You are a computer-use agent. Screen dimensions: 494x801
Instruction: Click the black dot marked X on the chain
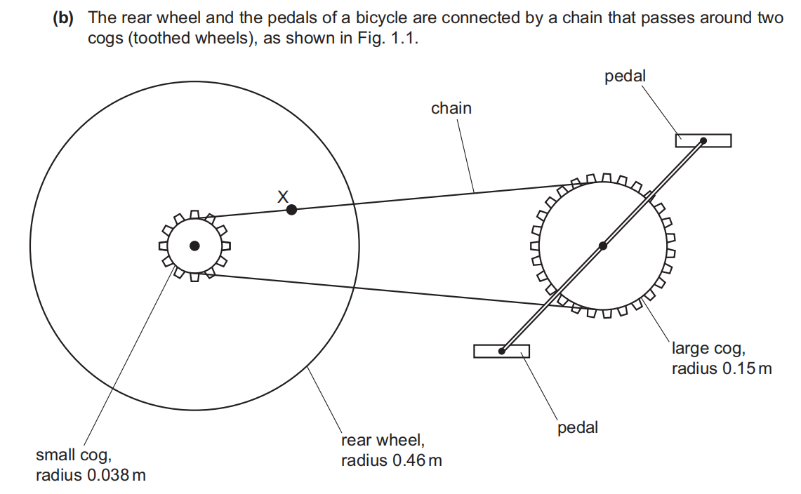pos(292,209)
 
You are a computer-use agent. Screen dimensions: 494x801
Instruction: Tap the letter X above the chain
pos(283,196)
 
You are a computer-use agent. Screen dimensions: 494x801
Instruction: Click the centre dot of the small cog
pos(194,246)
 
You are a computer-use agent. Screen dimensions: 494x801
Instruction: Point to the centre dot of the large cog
pos(602,246)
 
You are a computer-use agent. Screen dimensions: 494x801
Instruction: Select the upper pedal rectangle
pos(703,140)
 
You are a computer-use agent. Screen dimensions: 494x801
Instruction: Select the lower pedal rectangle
pos(501,351)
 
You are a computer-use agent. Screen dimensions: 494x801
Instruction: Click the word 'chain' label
pos(451,108)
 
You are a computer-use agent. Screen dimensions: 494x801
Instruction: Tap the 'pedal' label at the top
pos(625,76)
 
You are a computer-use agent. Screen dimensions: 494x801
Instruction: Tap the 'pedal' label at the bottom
pos(578,427)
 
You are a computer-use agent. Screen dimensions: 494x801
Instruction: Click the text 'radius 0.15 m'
pos(722,368)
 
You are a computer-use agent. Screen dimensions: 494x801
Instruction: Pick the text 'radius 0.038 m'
pos(91,475)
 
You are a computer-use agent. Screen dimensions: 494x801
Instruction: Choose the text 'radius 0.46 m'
pos(392,460)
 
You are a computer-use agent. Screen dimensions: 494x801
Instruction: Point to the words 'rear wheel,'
pos(383,441)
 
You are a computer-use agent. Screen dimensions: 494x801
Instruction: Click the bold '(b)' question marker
pos(63,18)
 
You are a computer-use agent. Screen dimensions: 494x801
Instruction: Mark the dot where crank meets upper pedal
pos(703,140)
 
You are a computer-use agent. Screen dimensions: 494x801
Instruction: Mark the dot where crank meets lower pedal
pos(502,351)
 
